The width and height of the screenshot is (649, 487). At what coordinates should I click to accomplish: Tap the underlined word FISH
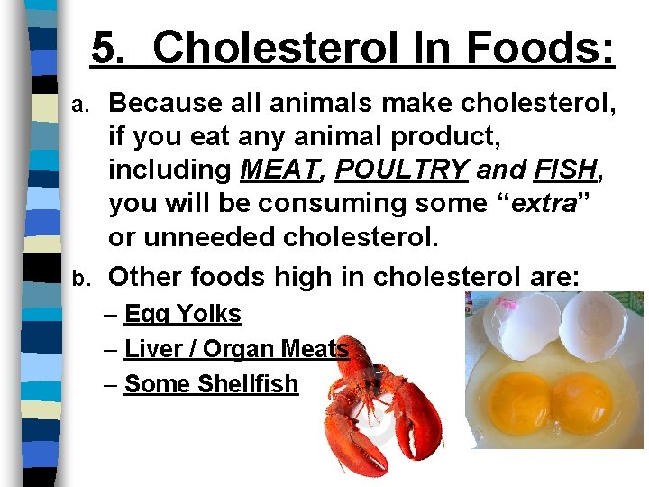564,170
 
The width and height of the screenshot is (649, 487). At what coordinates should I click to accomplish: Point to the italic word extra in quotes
544,204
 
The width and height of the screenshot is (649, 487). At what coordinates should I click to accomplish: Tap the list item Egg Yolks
183,314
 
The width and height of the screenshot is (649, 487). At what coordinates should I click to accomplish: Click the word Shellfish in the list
247,383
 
